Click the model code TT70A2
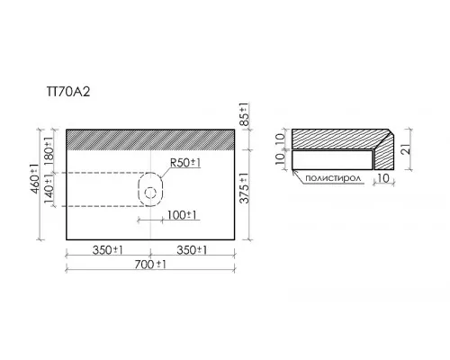(x=68, y=92)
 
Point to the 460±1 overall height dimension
(x=35, y=179)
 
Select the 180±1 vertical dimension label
(x=49, y=149)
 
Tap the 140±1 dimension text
(x=49, y=188)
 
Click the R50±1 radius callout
(x=185, y=163)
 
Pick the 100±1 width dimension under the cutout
(x=182, y=215)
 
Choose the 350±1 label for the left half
(x=108, y=250)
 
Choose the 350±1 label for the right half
(x=192, y=250)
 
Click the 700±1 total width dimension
(x=150, y=265)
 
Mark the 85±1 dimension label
(x=244, y=114)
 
